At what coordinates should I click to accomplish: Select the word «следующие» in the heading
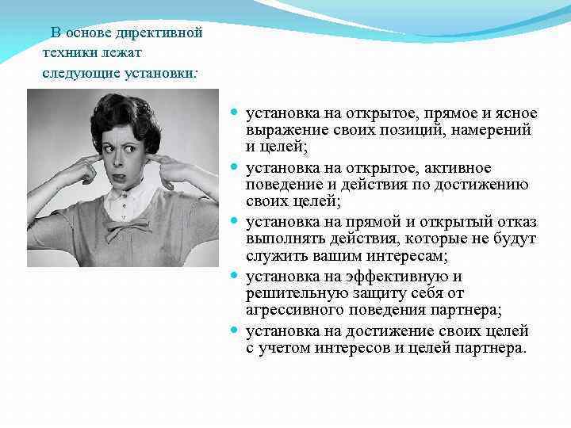coord(74,72)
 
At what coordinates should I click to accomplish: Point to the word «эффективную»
coord(400,277)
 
